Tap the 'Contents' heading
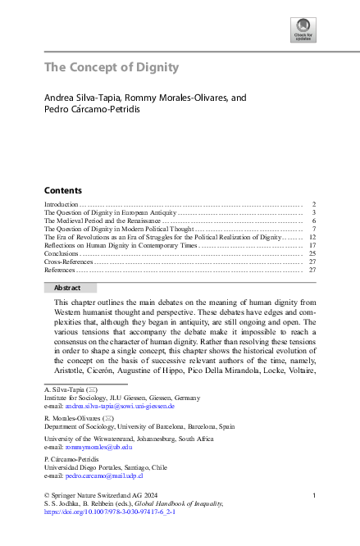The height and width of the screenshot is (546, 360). tap(63, 189)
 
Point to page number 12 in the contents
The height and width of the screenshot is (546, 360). tap(312, 236)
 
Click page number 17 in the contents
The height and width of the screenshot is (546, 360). tap(312, 244)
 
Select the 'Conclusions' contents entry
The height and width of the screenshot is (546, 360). tap(62, 253)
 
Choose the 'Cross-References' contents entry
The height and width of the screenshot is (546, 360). tap(68, 262)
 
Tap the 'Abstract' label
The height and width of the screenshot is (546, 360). tap(67, 288)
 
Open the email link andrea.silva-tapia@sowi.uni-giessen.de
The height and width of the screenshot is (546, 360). tap(112, 406)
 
